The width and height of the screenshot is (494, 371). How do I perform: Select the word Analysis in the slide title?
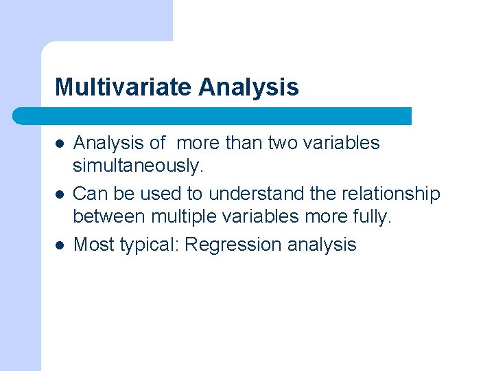248,87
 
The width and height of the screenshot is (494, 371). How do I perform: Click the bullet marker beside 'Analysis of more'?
60,144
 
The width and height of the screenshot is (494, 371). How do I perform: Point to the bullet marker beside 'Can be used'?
60,194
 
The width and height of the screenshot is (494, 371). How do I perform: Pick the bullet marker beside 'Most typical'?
60,245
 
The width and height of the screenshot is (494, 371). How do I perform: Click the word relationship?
388,194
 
